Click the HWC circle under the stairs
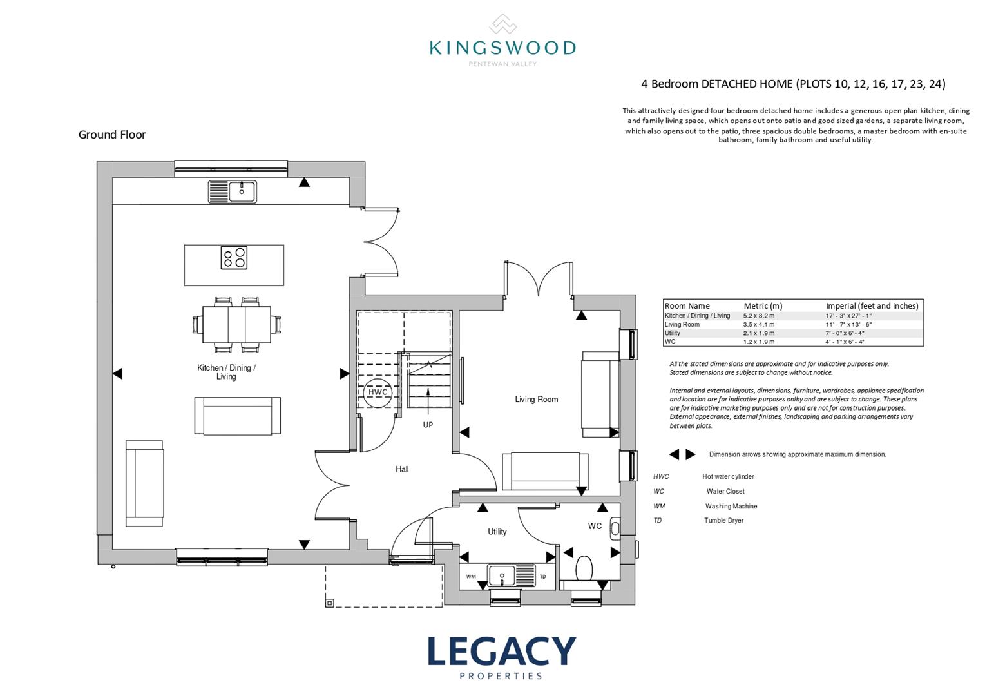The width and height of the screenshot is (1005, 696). coord(378,392)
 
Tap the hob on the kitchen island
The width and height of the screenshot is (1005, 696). coord(234,258)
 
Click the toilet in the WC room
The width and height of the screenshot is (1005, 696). coord(585,568)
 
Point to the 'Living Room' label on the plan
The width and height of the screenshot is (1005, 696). coord(536,400)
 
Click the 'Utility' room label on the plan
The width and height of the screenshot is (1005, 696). coord(497,532)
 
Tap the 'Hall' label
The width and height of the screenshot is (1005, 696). coord(402,469)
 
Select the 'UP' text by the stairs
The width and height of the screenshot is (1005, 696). coord(428,425)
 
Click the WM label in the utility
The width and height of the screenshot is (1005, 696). coord(471,577)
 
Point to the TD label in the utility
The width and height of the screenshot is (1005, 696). coord(542,577)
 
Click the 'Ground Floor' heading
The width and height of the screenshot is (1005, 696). coord(112,135)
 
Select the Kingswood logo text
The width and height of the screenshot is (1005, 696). coord(503,48)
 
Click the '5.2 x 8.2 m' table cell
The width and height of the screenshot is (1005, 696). coord(759,316)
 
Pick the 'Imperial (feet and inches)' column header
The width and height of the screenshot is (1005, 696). coord(872,306)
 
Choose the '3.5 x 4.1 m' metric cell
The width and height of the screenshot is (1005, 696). coord(759,325)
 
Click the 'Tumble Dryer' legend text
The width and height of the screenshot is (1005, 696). coord(723,521)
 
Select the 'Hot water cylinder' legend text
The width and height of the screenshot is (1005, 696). coord(728,477)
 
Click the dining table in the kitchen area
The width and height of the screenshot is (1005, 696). coord(236,324)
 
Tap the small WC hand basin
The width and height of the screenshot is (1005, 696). coord(615,528)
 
